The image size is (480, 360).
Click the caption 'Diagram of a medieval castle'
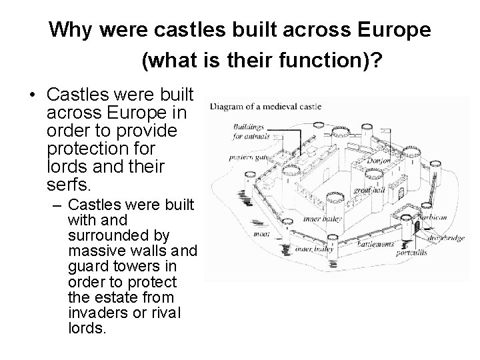[x=266, y=106]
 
